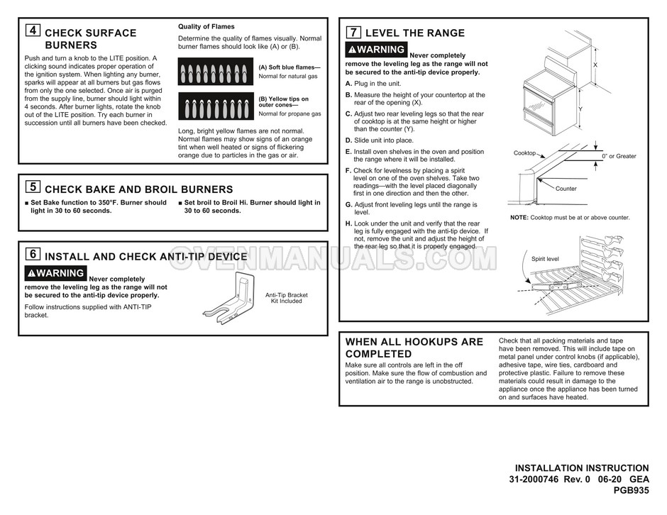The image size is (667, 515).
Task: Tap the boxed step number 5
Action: click(32, 187)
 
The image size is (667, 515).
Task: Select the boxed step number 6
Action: click(32, 255)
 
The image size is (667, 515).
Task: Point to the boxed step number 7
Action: click(353, 32)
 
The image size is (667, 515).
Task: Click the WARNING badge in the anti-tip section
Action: click(56, 273)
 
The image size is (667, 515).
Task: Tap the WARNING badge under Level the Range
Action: click(376, 50)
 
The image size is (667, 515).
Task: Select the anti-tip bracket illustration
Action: click(231, 298)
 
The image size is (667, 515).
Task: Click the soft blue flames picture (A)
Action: click(216, 72)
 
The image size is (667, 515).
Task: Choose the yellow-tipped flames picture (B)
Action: click(216, 106)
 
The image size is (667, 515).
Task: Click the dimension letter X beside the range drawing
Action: click(595, 65)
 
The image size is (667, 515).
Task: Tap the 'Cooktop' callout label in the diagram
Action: click(524, 153)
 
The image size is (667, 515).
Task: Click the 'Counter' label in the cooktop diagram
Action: click(566, 189)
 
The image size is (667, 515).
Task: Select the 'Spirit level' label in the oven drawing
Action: click(545, 259)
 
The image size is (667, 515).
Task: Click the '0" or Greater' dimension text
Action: click(619, 156)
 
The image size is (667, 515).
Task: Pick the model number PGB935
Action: click(631, 491)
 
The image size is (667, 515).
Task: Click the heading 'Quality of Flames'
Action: click(206, 27)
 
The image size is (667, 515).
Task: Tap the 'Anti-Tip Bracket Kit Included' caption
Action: click(286, 298)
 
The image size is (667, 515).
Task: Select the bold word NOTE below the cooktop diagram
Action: click(519, 218)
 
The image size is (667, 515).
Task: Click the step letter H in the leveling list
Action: click(348, 223)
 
